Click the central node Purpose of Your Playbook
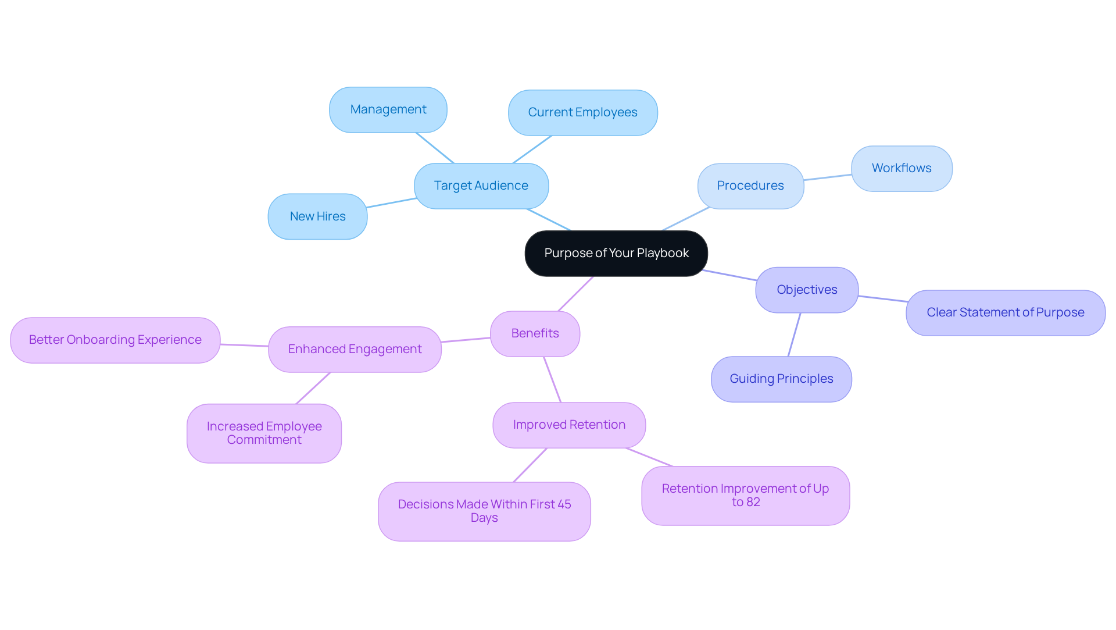click(x=616, y=254)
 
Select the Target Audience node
click(x=481, y=186)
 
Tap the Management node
click(x=388, y=110)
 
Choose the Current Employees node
click(x=582, y=113)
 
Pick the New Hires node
click(x=317, y=217)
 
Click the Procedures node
click(x=750, y=186)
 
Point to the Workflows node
click(x=902, y=169)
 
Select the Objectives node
click(x=807, y=290)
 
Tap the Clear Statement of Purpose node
click(x=1005, y=313)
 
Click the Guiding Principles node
click(x=781, y=379)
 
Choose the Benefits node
click(x=535, y=334)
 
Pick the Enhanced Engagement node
click(x=355, y=350)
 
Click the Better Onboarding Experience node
click(x=115, y=340)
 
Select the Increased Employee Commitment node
click(x=264, y=433)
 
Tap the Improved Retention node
click(x=569, y=425)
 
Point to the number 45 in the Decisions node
click(x=564, y=504)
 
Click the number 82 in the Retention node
click(x=753, y=502)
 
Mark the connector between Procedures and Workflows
click(x=828, y=177)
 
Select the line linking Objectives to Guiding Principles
click(x=794, y=335)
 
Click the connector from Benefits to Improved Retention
click(x=552, y=380)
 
